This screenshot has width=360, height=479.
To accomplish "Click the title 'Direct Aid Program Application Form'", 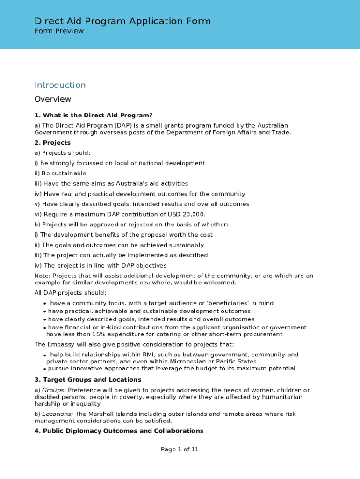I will pos(122,21).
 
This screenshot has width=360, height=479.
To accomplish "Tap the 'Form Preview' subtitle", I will pos(59,31).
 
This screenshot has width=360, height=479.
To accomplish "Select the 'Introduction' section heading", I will pos(60,85).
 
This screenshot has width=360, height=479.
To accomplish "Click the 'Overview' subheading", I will pos(53,99).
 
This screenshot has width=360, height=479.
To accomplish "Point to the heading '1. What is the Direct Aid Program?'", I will pos(94,115).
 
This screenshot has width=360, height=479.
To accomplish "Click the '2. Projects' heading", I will pos(52,143).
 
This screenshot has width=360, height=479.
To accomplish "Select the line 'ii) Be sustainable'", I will pos(60,174).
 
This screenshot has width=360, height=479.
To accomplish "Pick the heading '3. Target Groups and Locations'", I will pos(87,380).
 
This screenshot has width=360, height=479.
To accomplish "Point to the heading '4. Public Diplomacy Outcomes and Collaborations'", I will pos(119,431).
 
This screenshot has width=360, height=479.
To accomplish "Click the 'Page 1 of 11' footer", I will pos(180,450).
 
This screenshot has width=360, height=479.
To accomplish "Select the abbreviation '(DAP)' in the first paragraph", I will pos(116,125).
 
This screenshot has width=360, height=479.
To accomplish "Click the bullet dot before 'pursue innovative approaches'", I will pos(44,369).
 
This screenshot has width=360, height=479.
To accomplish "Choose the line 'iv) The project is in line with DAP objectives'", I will pos(101,266).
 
